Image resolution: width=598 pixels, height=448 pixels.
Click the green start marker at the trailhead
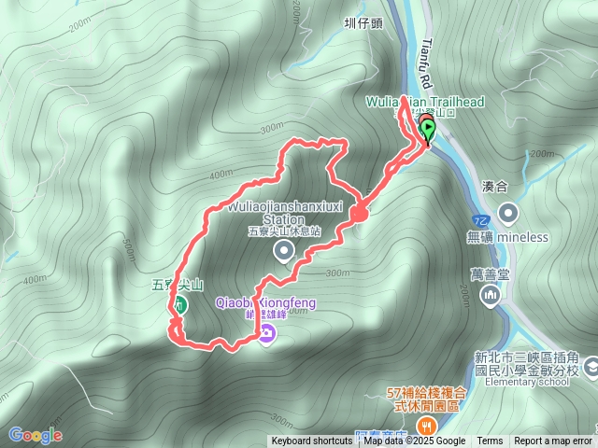[428, 129]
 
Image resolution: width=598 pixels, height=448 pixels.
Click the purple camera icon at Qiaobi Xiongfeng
[267, 333]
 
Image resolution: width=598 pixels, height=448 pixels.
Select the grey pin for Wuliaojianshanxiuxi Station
[283, 251]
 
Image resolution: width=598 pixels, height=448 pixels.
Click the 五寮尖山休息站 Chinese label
[284, 231]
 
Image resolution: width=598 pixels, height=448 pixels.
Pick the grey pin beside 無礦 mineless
[507, 213]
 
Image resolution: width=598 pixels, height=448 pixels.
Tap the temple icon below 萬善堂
[490, 296]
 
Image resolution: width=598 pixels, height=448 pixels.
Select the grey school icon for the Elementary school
[592, 371]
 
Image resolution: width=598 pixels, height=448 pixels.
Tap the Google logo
[36, 435]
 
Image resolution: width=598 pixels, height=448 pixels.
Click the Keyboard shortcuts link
[312, 441]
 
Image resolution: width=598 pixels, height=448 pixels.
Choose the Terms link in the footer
[490, 441]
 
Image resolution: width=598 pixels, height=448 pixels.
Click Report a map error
[553, 441]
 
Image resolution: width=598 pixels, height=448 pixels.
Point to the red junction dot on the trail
[359, 214]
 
